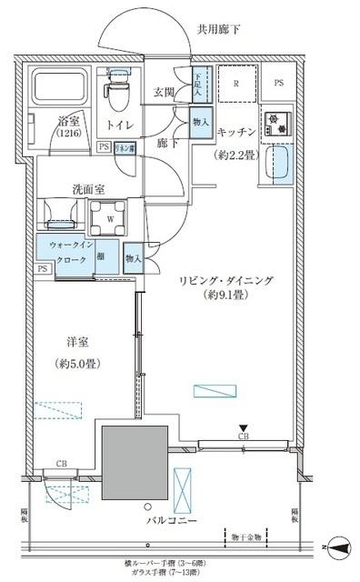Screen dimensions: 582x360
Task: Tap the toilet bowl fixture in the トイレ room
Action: (x=117, y=88)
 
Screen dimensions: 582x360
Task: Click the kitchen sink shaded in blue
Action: (x=282, y=167)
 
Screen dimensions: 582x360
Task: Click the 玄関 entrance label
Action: (x=165, y=92)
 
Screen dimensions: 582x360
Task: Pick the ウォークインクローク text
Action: (x=63, y=252)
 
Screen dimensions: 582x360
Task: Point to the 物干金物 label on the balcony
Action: (x=245, y=537)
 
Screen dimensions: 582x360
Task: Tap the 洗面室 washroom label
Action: (x=92, y=190)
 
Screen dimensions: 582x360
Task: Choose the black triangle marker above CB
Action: (x=243, y=427)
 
